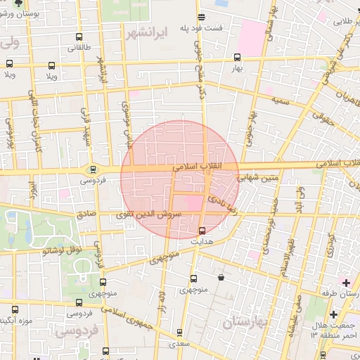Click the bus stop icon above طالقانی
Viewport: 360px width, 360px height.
coord(77,37)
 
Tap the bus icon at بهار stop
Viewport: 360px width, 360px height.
coord(236,58)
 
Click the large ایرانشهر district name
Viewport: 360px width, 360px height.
coord(146,32)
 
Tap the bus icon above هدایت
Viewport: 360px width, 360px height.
coord(202,231)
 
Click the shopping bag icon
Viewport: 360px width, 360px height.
coord(221,277)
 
